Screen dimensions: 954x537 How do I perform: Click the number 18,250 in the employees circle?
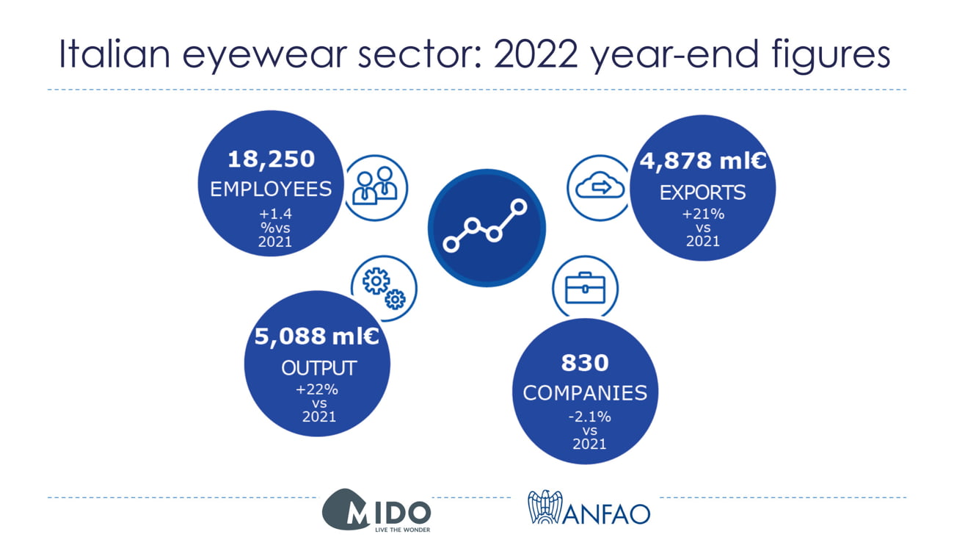tap(272, 159)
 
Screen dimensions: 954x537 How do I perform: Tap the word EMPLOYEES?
tap(271, 190)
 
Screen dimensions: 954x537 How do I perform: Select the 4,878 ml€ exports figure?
tap(703, 161)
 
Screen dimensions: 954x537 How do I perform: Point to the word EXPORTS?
tap(703, 192)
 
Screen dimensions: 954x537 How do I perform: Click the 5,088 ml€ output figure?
tap(316, 336)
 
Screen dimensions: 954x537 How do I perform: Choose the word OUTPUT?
tap(318, 368)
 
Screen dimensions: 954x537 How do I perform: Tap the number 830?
tap(585, 363)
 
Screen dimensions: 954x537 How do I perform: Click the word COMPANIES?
tap(585, 393)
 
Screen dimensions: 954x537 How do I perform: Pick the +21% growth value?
tap(703, 214)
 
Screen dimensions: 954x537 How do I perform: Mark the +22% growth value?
tap(317, 389)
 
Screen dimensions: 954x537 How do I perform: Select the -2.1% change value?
tap(589, 417)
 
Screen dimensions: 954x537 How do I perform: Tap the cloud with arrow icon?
tap(600, 185)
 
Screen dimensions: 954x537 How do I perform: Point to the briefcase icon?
tap(585, 288)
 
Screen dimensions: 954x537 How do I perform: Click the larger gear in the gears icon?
tap(376, 281)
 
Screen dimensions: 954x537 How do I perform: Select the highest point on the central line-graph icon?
tap(519, 207)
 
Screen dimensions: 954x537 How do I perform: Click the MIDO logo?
tap(376, 510)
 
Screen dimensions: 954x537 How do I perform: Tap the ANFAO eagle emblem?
tap(545, 507)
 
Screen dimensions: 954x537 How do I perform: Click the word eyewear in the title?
tap(264, 55)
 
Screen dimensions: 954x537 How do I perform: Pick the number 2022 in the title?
tap(536, 54)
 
